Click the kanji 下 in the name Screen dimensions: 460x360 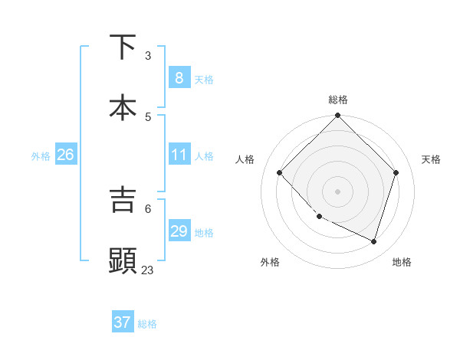pos(123,47)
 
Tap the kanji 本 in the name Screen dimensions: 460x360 pos(123,108)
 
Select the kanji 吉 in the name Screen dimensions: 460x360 pos(123,199)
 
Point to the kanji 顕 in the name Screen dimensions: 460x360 pos(123,260)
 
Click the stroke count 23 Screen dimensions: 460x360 pos(147,270)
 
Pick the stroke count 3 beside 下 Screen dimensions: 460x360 pos(148,56)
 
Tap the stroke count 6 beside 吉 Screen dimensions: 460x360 pos(148,208)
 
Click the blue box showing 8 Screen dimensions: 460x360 pos(179,78)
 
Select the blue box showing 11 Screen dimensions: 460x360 pos(179,155)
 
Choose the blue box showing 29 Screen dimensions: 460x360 pos(179,231)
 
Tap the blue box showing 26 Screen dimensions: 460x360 pos(65,155)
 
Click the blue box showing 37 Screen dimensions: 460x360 pos(122,322)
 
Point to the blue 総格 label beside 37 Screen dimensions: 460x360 pos(147,324)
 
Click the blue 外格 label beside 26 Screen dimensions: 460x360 pos(41,156)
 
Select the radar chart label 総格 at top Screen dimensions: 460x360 pos(338,100)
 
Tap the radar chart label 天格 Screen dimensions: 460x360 pos(432,159)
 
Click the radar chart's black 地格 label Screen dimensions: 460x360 pos(402,262)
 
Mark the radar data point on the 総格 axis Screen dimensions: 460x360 pos(337,116)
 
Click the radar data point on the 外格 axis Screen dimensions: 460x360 pos(320,216)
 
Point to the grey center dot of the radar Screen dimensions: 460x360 pos(337,191)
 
